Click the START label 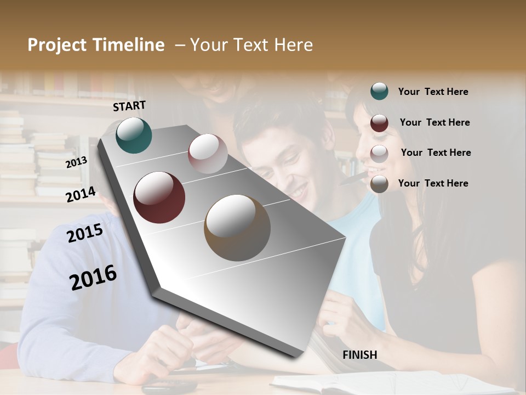[x=129, y=106]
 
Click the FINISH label [x=360, y=355]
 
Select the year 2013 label [x=77, y=162]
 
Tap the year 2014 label [x=81, y=194]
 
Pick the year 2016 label [x=93, y=277]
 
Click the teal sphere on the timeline [x=134, y=135]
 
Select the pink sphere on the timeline [x=208, y=154]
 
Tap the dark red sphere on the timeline [x=159, y=198]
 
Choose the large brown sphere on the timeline [x=237, y=228]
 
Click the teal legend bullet [x=379, y=91]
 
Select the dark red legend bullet [x=379, y=123]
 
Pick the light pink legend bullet [x=379, y=154]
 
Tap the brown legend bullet [x=379, y=184]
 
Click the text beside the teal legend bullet [x=433, y=92]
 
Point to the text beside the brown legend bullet [x=433, y=183]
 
